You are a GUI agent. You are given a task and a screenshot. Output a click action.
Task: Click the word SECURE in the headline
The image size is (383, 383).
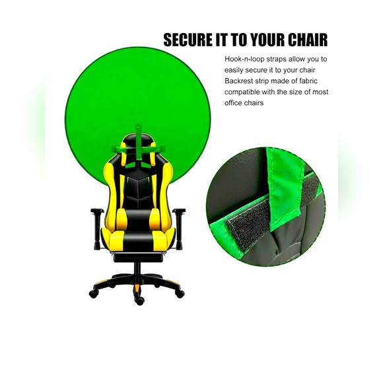pos(187,40)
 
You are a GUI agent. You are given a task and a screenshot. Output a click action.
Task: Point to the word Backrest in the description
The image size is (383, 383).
pos(242,82)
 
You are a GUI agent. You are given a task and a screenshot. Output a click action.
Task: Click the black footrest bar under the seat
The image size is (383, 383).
pos(138,257)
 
